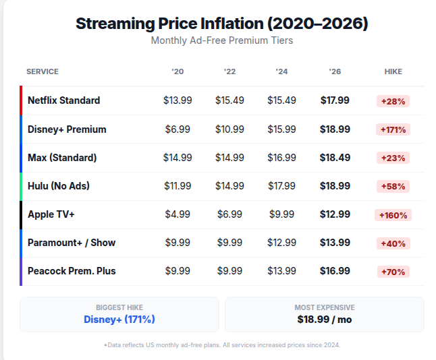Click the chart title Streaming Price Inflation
point(221,24)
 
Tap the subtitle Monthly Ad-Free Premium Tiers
point(221,40)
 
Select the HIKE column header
point(393,71)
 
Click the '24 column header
point(281,71)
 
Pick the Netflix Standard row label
point(63,100)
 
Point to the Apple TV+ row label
point(51,214)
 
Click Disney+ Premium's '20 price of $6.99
point(178,129)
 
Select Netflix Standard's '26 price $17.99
point(335,100)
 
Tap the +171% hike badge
point(393,129)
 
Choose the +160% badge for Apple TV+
point(393,215)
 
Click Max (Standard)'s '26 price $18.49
point(335,158)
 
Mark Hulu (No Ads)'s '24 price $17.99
point(281,186)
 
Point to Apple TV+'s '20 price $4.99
point(178,214)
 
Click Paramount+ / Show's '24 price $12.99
point(281,243)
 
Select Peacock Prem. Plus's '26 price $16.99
point(335,271)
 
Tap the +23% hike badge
point(393,158)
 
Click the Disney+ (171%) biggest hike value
point(119,319)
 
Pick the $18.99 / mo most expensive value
point(324,319)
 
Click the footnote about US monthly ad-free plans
point(221,344)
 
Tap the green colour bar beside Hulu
point(21,186)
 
